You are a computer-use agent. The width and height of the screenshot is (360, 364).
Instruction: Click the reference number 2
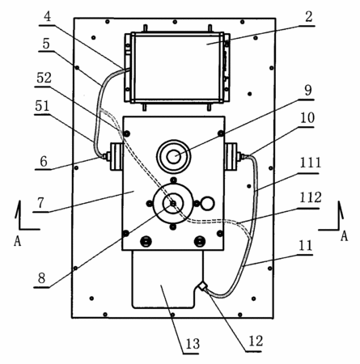pyautogui.click(x=309, y=17)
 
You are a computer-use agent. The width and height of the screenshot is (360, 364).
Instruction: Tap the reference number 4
pyautogui.click(x=47, y=16)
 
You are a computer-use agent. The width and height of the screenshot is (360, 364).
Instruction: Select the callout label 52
pyautogui.click(x=44, y=78)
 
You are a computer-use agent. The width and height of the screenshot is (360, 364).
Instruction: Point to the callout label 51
pyautogui.click(x=42, y=106)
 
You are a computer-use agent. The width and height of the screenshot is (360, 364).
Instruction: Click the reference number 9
pyautogui.click(x=308, y=90)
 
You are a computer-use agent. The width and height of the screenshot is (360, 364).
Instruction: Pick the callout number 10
pyautogui.click(x=307, y=118)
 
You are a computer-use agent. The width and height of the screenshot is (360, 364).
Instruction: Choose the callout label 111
pyautogui.click(x=311, y=163)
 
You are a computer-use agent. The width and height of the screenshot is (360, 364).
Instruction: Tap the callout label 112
pyautogui.click(x=311, y=198)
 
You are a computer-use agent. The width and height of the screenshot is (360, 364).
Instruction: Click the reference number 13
pyautogui.click(x=193, y=344)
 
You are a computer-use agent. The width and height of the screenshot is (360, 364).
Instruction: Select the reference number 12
pyautogui.click(x=256, y=341)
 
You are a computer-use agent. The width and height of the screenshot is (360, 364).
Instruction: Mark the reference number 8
pyautogui.click(x=41, y=278)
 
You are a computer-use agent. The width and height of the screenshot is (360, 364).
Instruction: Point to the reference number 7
pyautogui.click(x=40, y=203)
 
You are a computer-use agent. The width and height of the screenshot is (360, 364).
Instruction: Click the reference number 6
pyautogui.click(x=44, y=162)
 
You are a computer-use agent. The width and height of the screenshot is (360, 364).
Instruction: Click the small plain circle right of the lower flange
pyautogui.click(x=207, y=203)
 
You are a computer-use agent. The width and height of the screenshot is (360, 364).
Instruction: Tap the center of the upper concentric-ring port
pyautogui.click(x=174, y=156)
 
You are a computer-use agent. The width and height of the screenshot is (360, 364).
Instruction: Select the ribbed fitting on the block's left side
pyautogui.click(x=116, y=157)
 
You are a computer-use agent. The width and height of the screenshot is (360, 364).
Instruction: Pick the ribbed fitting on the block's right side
pyautogui.click(x=231, y=157)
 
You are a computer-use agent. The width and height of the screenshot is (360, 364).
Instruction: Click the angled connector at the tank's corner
pyautogui.click(x=202, y=286)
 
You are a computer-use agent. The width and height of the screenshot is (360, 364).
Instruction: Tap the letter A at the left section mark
pyautogui.click(x=17, y=241)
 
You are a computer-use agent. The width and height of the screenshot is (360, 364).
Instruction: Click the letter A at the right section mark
pyautogui.click(x=344, y=236)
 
